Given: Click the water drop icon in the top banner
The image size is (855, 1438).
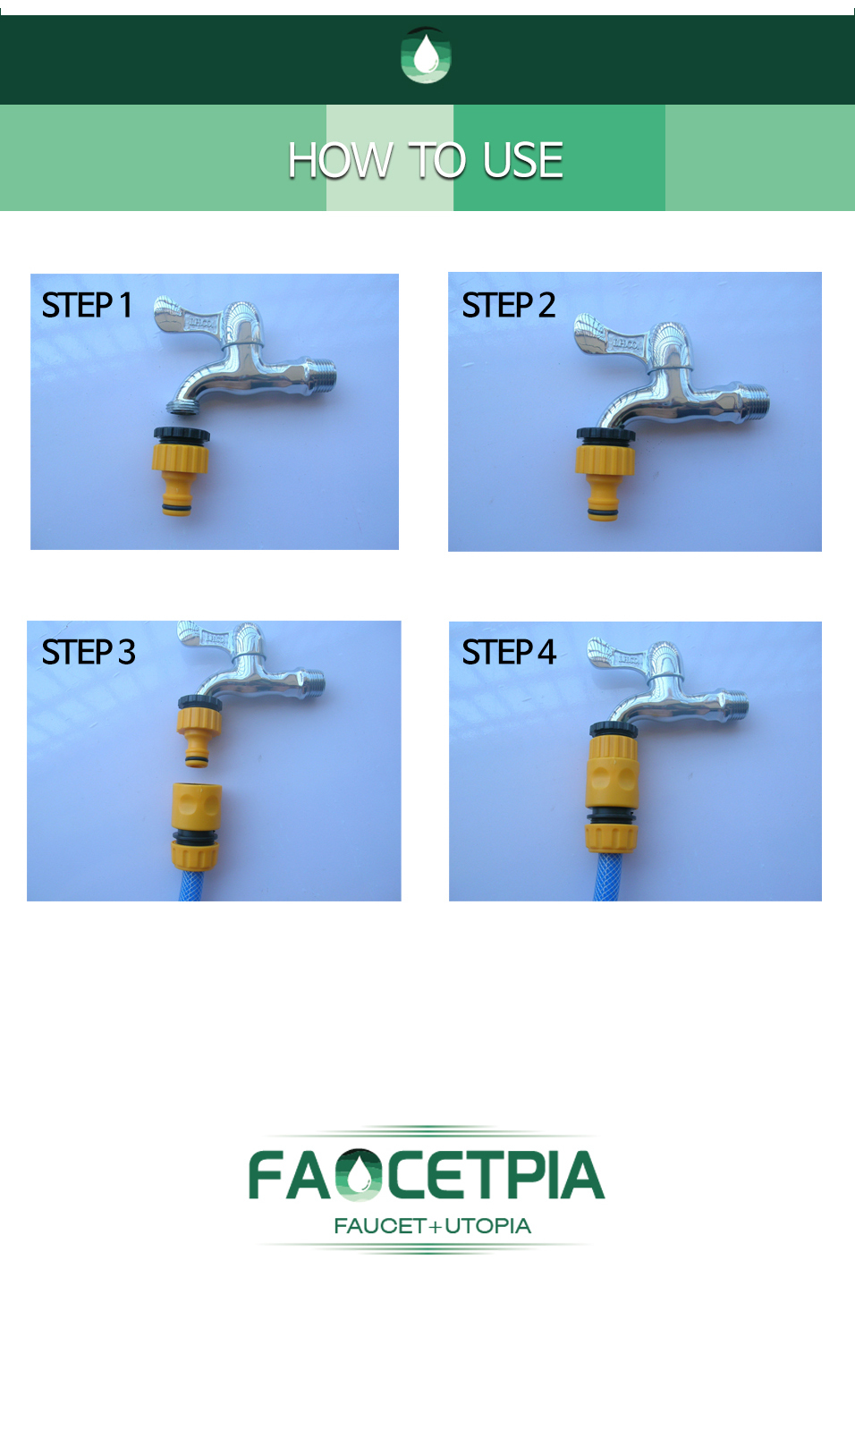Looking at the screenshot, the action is coord(426,55).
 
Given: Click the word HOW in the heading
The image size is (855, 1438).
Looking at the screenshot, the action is coord(340,160).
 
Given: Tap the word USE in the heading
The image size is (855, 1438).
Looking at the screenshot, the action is coord(522,160).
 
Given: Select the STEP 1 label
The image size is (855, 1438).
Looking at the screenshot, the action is coord(87,305).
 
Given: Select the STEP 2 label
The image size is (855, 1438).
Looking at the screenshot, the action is coord(508,305).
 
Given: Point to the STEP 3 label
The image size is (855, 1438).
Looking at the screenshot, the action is coord(89,652).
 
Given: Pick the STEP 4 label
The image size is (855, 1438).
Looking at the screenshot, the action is coord(508,652).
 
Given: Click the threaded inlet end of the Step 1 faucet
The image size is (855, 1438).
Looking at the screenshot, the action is coord(322,376).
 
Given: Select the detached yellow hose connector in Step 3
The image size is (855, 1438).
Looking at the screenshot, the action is coord(196,825).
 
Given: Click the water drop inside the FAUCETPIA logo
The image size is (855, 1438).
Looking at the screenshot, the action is coord(360,1175).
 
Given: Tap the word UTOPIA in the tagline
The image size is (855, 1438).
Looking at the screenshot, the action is coord(487,1226).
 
